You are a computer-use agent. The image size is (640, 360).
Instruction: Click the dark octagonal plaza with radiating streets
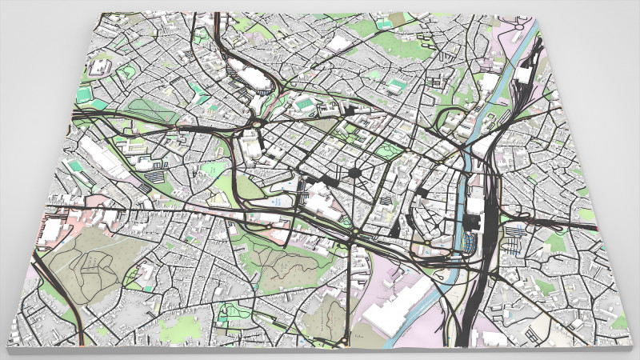pyautogui.click(x=353, y=173)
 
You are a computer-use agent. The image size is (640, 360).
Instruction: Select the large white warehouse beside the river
pyautogui.click(x=391, y=308)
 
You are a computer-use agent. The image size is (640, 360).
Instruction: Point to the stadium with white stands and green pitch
pyautogui.click(x=304, y=103)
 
